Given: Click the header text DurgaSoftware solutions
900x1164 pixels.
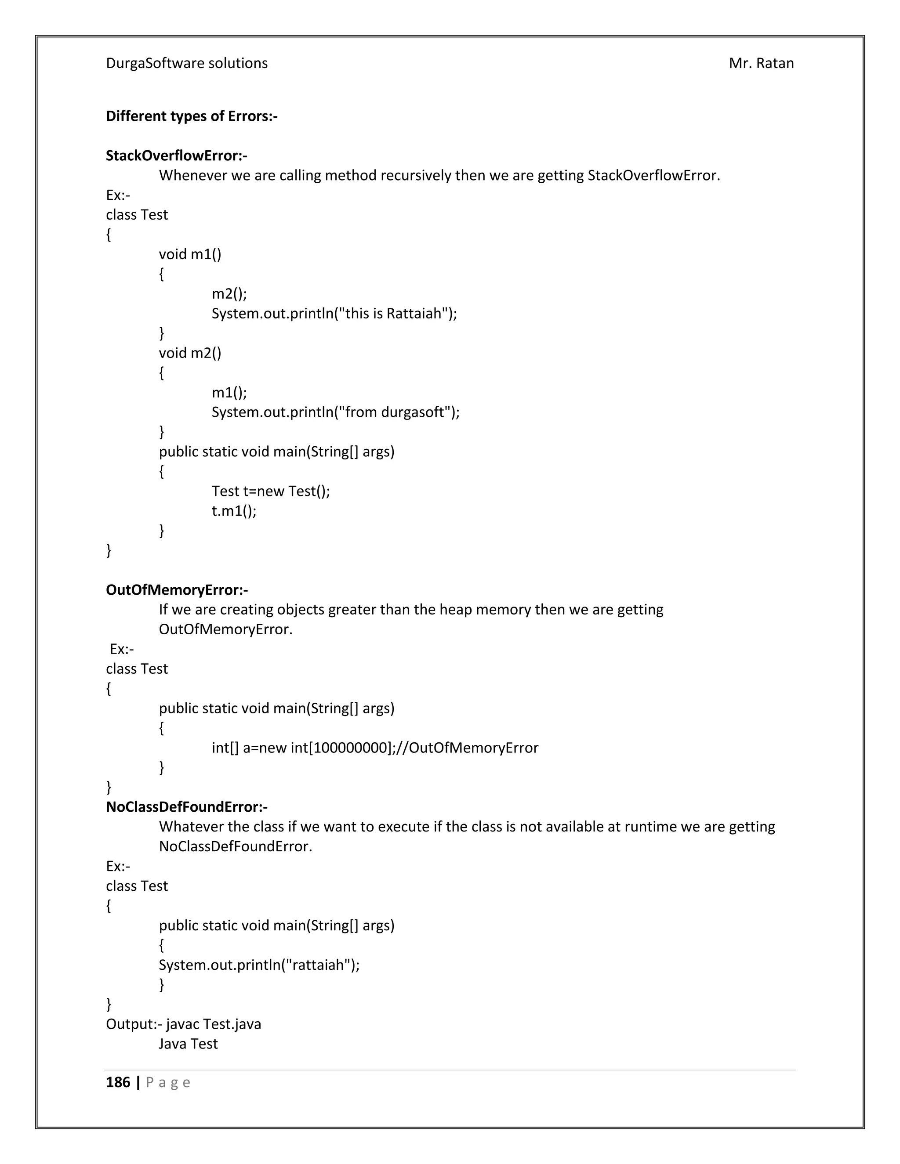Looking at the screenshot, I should point(187,63).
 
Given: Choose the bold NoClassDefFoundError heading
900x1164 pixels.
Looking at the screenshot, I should point(187,807).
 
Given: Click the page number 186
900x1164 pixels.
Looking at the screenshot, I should point(118,1082).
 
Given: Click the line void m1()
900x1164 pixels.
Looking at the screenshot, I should point(190,254).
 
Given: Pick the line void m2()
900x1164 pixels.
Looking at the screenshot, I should point(190,353).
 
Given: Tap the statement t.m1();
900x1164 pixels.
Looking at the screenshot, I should point(234,511).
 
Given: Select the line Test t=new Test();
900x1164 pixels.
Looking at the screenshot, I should point(271,491).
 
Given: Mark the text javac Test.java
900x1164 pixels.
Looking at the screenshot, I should point(213,1024).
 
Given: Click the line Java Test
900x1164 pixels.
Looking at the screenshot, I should point(188,1044).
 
